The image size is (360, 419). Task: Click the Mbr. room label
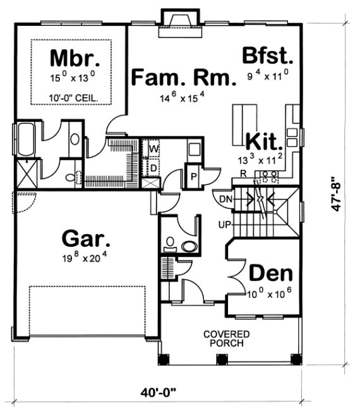(75, 58)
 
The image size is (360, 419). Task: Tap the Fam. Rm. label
(172, 78)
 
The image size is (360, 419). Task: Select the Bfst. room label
(268, 56)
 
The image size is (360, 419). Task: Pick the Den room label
(271, 273)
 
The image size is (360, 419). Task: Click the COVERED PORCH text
(226, 338)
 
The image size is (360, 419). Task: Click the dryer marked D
(153, 168)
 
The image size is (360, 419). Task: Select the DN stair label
(225, 199)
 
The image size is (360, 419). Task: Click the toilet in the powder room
(189, 245)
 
